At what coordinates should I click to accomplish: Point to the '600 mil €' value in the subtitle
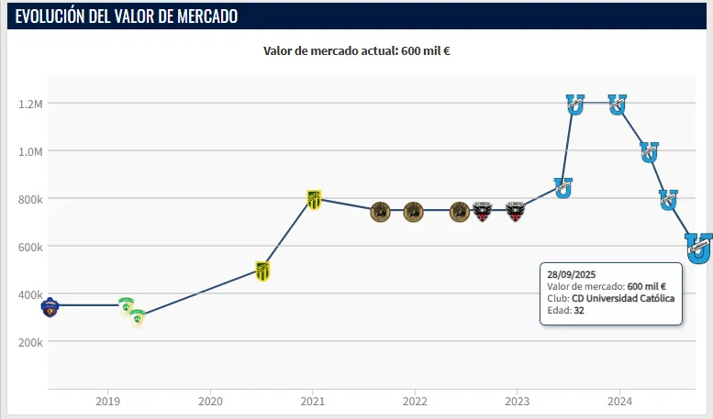[x=425, y=50]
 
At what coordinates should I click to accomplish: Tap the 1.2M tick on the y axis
[x=30, y=104]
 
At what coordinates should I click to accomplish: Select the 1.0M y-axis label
[x=30, y=151]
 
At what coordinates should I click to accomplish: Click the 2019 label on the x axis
[x=108, y=401]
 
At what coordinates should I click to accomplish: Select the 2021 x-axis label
[x=313, y=401]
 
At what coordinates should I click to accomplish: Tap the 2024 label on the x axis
[x=619, y=401]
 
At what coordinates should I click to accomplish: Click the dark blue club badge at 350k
[x=50, y=306]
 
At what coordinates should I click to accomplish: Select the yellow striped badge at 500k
[x=262, y=270]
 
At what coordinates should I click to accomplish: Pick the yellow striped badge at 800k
[x=314, y=199]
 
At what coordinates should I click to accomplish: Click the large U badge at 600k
[x=699, y=247]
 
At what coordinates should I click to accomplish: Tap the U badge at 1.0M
[x=649, y=151]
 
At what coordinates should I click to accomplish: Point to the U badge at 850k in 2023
[x=563, y=187]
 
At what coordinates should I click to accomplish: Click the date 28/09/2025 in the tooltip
[x=571, y=274]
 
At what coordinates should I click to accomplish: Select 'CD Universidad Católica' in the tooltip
[x=623, y=299]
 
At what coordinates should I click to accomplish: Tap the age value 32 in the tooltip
[x=579, y=311]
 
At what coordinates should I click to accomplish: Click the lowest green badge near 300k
[x=137, y=317]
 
